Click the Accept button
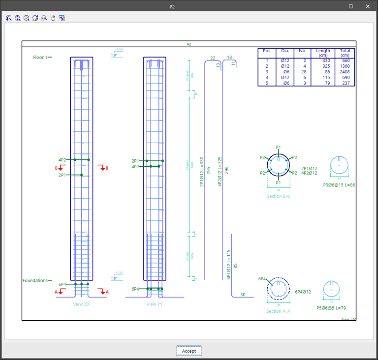click(189, 351)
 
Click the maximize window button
click(350, 6)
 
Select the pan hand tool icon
click(53, 18)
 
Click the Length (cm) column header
click(323, 53)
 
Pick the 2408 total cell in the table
click(344, 72)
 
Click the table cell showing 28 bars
click(303, 72)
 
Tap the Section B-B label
click(278, 196)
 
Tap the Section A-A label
click(278, 311)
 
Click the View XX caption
click(81, 304)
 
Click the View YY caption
click(155, 304)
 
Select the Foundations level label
click(34, 281)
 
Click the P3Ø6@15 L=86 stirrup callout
click(339, 185)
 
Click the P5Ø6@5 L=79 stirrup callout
click(331, 308)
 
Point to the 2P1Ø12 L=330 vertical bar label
click(201, 172)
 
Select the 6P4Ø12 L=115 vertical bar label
click(228, 265)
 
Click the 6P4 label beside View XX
click(63, 284)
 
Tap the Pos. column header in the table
click(267, 51)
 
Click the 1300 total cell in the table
click(344, 66)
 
